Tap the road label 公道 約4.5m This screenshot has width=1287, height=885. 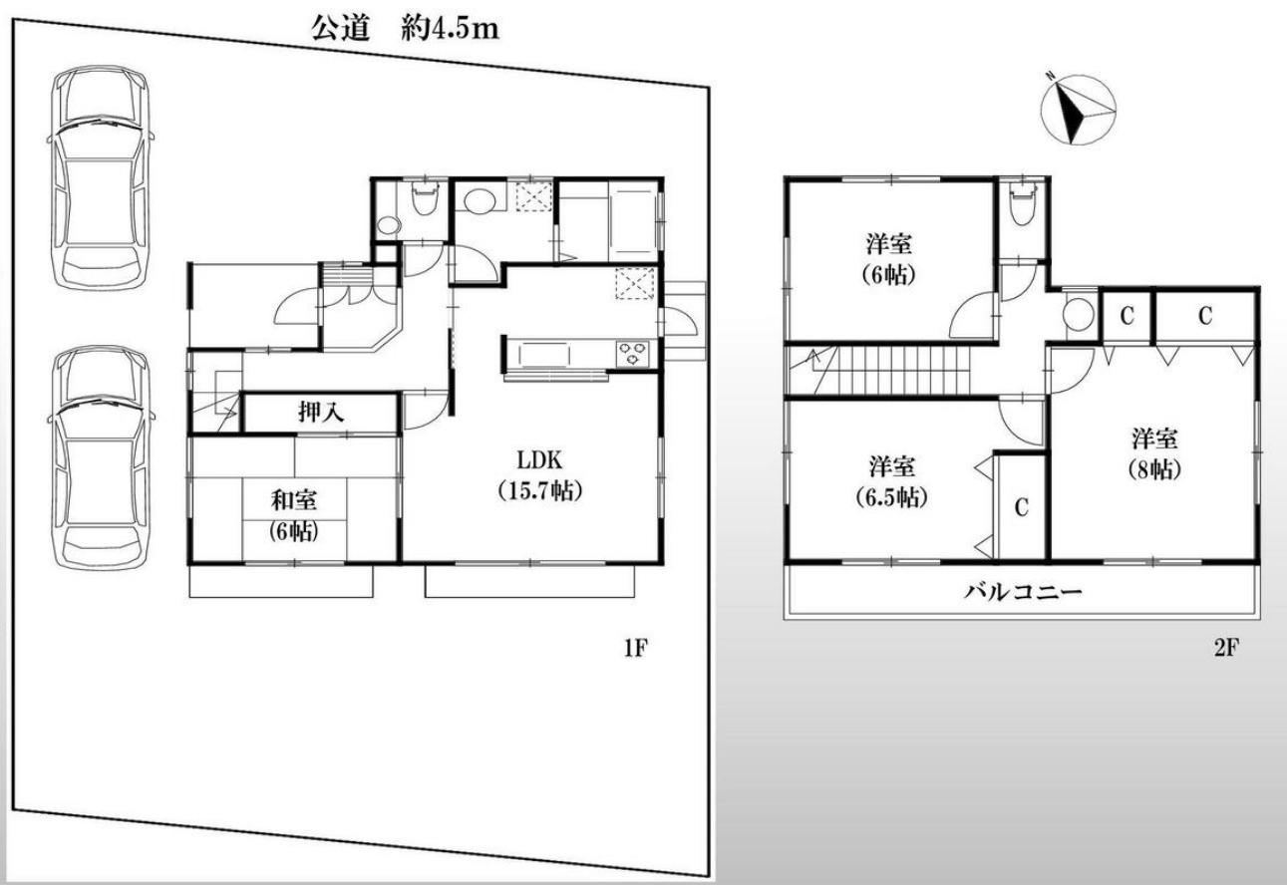click(x=405, y=29)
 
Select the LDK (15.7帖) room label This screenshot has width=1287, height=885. click(x=539, y=475)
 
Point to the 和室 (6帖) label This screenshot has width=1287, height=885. click(x=294, y=516)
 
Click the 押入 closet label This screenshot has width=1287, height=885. click(x=321, y=412)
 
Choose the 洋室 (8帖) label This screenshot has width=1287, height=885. click(x=1154, y=453)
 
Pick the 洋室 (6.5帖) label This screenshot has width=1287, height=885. click(x=891, y=481)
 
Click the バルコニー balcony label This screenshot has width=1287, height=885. click(x=1023, y=591)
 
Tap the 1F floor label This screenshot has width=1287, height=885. click(x=636, y=648)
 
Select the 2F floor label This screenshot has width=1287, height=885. click(x=1226, y=648)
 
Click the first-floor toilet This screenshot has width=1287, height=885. click(x=425, y=198)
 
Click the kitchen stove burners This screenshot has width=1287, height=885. click(x=633, y=353)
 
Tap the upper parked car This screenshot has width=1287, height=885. click(x=101, y=177)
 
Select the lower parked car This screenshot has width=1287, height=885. click(x=101, y=457)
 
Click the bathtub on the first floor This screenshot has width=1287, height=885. click(x=633, y=221)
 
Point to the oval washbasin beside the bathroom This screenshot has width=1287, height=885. click(x=480, y=202)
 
